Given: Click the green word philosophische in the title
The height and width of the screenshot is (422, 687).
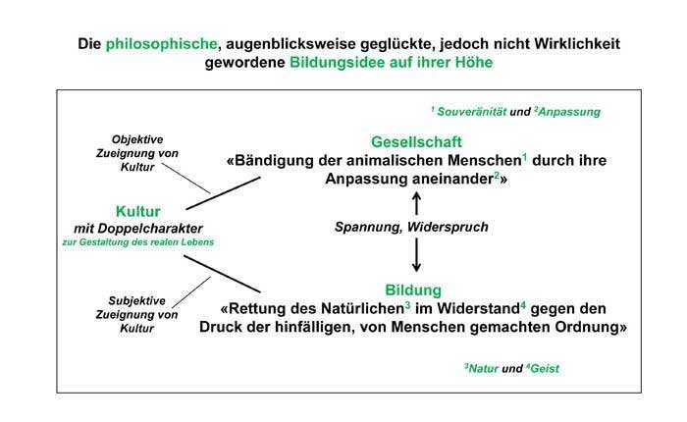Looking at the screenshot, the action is (x=161, y=44).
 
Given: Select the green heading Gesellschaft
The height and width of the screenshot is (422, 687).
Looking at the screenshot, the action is (x=416, y=142).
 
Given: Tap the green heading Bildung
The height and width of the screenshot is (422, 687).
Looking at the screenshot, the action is (x=413, y=290).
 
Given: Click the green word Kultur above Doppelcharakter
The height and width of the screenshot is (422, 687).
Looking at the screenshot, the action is (x=138, y=211).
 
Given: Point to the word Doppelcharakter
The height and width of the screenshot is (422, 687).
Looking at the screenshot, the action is (x=150, y=229).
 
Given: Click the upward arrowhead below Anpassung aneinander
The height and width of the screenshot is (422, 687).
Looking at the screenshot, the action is (x=417, y=196).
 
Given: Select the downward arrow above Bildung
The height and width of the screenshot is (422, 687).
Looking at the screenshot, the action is (x=417, y=254).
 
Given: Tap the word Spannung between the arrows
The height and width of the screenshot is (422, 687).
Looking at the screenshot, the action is (x=369, y=227).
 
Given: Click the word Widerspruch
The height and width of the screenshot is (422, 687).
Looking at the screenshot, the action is (x=448, y=227).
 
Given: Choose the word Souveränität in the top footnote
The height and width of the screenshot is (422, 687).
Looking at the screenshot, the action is (x=472, y=112).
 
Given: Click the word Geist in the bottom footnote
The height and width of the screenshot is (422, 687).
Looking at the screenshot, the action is (x=545, y=369).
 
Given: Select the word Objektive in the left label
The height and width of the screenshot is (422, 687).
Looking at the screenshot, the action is (x=137, y=139).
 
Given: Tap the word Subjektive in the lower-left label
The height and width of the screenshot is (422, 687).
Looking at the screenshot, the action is (x=136, y=300).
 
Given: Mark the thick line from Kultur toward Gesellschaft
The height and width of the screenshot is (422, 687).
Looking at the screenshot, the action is (x=224, y=193).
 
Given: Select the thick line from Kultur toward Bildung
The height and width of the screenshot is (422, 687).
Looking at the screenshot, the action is (x=222, y=274).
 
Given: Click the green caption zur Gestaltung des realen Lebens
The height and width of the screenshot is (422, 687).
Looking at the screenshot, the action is (x=138, y=241).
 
